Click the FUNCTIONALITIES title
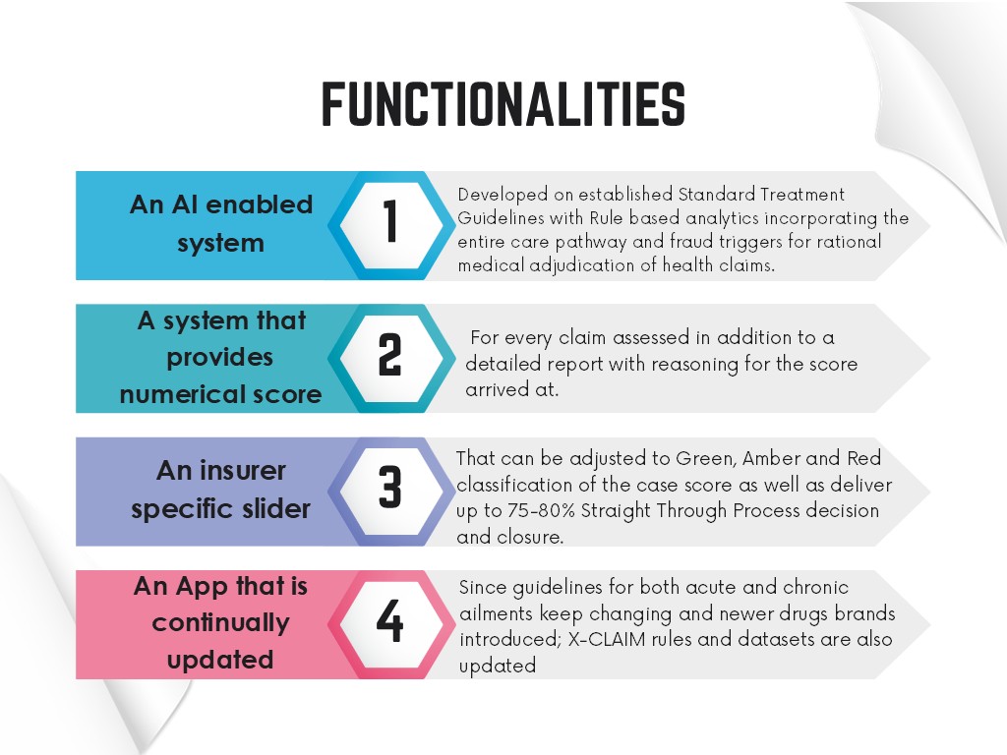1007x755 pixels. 503,104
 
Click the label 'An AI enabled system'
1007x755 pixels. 221,223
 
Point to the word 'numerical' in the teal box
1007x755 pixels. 168,394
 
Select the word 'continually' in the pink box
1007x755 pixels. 220,623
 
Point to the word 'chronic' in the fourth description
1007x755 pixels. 815,588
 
